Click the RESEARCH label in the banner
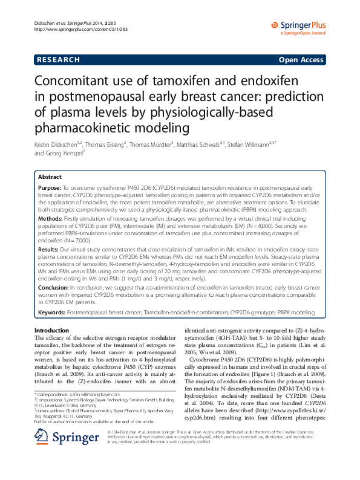(58, 60)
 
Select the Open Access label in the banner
(302, 60)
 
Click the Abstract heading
(50, 177)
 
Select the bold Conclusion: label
(54, 287)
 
